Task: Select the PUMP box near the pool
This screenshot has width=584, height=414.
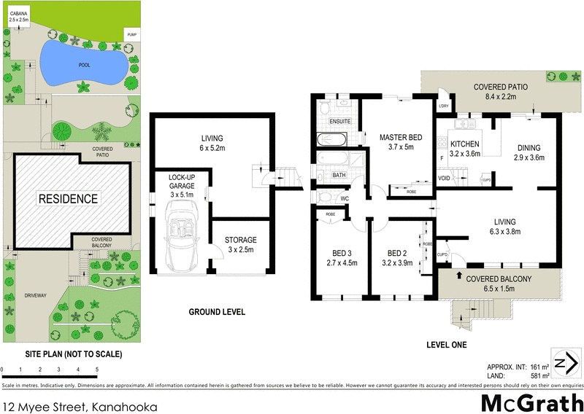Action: point(131,35)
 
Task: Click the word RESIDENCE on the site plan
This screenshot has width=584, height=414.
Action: point(67,198)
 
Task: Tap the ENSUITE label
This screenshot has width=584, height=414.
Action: point(340,121)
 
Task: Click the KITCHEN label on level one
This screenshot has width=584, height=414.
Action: point(464,144)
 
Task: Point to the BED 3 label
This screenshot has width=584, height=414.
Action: point(342,254)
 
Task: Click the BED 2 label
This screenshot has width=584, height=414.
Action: point(398,254)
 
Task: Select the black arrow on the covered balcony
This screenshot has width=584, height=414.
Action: point(458,276)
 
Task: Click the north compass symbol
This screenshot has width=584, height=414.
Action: point(563,364)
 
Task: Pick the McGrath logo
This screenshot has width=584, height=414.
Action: point(531,402)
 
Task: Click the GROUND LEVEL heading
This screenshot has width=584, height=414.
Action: point(217,312)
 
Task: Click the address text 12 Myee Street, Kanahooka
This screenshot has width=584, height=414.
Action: point(81,404)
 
